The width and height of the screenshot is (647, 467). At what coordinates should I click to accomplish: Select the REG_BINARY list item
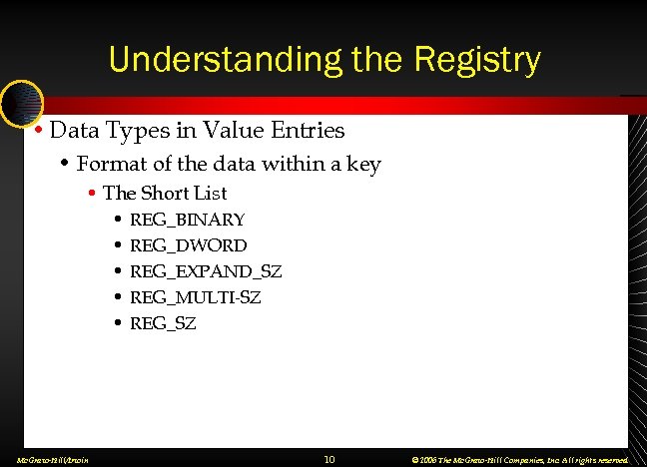click(188, 220)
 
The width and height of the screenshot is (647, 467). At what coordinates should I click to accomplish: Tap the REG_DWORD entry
click(189, 245)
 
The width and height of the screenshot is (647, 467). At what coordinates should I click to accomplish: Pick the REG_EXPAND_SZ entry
click(207, 271)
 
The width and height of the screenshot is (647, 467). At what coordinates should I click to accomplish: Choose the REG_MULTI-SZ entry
click(196, 297)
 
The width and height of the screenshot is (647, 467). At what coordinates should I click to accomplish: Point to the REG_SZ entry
click(164, 323)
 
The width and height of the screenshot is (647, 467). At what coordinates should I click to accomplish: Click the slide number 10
click(328, 459)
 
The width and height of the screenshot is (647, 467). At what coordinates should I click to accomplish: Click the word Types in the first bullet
click(131, 131)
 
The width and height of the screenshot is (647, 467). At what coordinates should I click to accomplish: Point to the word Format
click(110, 164)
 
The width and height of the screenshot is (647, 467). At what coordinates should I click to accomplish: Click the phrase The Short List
click(165, 193)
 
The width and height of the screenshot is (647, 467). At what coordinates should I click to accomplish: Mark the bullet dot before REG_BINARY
click(119, 220)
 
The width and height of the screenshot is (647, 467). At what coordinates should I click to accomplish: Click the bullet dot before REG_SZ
click(119, 323)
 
